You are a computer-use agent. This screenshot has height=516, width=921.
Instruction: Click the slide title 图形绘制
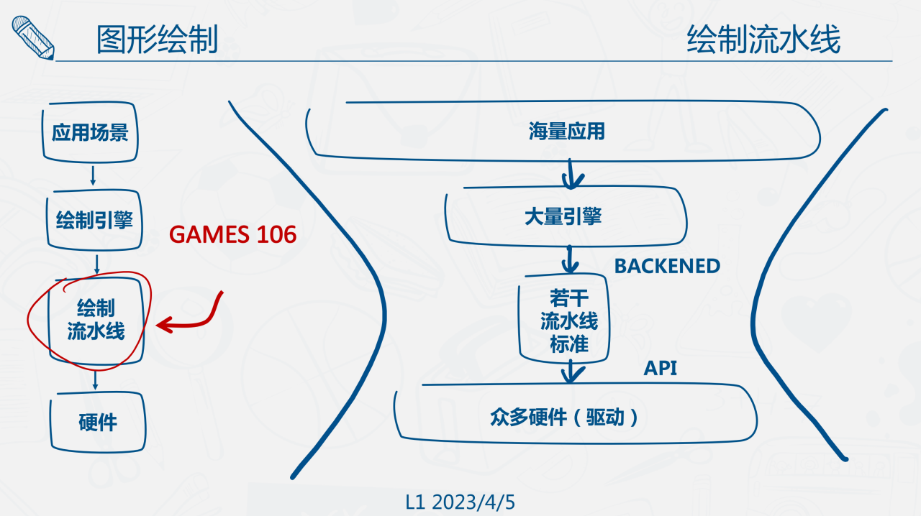tap(157, 40)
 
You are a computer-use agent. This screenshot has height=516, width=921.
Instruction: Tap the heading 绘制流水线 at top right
tap(763, 40)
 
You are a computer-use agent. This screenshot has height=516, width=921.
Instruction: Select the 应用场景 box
tap(90, 133)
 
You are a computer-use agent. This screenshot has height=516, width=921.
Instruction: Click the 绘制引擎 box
tap(94, 219)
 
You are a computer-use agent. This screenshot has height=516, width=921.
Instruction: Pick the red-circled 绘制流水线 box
tap(96, 320)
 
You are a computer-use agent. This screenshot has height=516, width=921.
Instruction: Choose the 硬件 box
tap(97, 422)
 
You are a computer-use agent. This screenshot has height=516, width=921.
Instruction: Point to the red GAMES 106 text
tap(232, 234)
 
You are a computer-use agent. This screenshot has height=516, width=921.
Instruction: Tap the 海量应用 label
tap(566, 132)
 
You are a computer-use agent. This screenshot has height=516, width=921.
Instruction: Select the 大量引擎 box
tap(563, 216)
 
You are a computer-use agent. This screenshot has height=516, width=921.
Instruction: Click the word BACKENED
tap(667, 266)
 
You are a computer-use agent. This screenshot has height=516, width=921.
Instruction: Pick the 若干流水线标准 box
tap(569, 319)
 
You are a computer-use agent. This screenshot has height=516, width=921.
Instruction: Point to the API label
tap(661, 369)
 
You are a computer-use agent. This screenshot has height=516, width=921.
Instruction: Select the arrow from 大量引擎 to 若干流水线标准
tap(570, 259)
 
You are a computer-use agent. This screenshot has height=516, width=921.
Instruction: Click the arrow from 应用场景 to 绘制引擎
tap(93, 175)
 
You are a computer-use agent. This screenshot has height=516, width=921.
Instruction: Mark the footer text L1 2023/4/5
tap(460, 502)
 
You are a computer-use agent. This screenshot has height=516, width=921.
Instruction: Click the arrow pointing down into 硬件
tap(95, 380)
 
